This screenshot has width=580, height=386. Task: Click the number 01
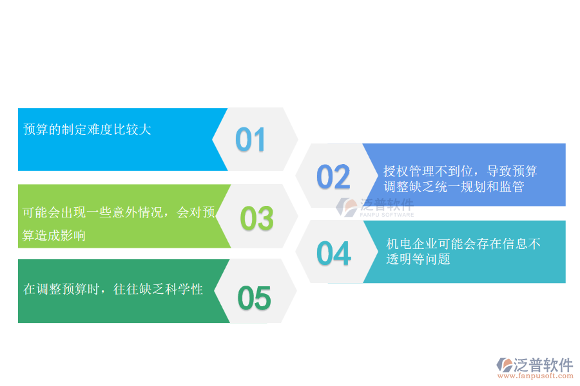(250, 140)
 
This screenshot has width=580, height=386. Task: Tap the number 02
(333, 177)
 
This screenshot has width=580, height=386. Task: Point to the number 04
(333, 253)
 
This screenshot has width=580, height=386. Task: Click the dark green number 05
(253, 297)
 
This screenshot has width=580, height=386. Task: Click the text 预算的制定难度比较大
(87, 129)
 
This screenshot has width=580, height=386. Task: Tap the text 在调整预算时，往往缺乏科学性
(113, 289)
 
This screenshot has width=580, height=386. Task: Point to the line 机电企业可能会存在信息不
(463, 244)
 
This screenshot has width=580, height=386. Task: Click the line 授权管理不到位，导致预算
(460, 171)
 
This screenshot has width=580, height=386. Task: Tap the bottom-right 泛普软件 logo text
(543, 365)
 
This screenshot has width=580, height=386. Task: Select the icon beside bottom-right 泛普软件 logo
(504, 365)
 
